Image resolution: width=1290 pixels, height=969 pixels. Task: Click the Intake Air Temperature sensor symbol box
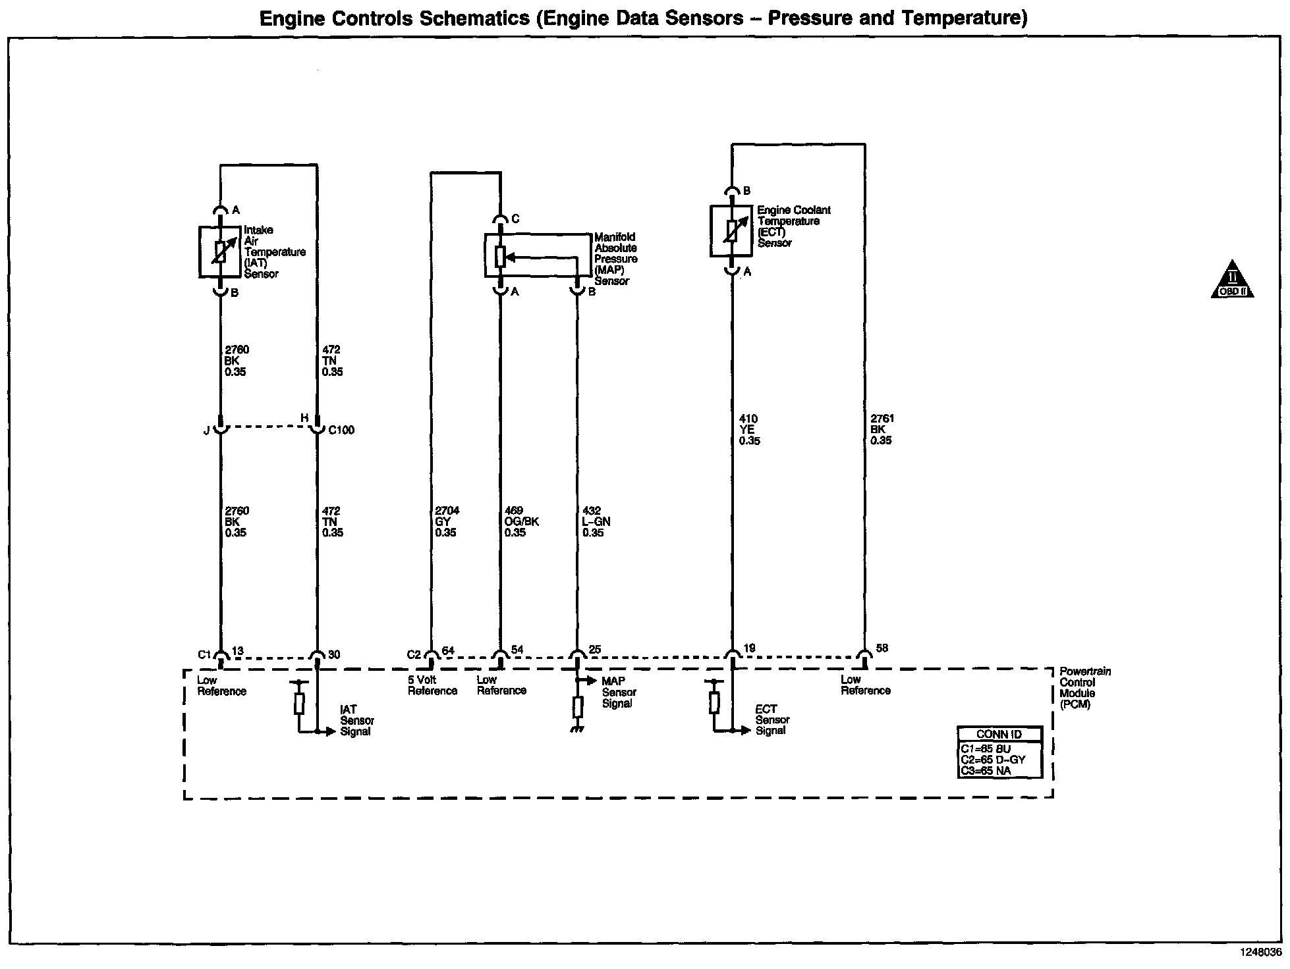tap(220, 251)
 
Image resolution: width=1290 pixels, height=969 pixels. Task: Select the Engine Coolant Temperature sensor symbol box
tap(731, 231)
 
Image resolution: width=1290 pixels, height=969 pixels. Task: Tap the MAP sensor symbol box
tap(538, 255)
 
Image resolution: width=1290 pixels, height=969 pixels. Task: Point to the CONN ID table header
tap(999, 734)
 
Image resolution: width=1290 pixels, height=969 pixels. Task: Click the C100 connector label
tap(341, 430)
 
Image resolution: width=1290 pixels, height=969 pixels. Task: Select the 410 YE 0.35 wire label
tap(750, 430)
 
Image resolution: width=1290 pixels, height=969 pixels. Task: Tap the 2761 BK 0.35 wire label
tap(882, 430)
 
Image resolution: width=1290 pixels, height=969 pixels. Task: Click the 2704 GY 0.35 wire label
tap(446, 521)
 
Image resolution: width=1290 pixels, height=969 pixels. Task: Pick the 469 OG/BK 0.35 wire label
tap(521, 521)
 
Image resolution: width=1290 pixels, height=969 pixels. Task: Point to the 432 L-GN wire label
tap(596, 521)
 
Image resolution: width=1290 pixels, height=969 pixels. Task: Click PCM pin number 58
tap(882, 648)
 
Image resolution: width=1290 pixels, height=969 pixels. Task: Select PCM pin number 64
tap(448, 651)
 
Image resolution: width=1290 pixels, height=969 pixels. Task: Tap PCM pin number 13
tap(238, 651)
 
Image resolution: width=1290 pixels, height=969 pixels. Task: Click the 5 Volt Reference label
tap(432, 685)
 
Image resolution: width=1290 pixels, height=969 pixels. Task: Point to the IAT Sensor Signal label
tap(356, 720)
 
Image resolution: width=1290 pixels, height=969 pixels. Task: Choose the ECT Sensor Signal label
tap(772, 720)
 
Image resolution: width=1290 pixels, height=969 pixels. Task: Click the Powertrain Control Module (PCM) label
tap(1084, 688)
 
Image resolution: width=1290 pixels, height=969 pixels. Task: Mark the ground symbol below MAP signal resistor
tap(578, 729)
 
